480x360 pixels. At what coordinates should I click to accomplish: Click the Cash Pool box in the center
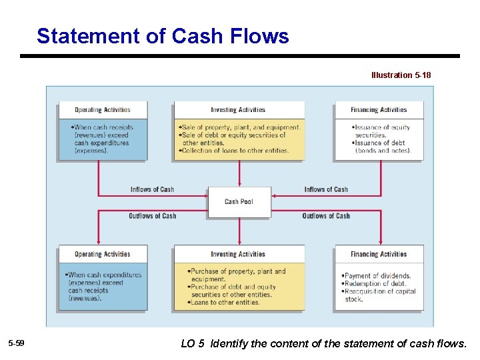click(239, 201)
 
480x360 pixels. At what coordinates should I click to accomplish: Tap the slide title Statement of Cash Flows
click(163, 36)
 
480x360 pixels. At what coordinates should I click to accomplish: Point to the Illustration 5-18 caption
click(401, 75)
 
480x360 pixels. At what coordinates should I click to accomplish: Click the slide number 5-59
click(16, 343)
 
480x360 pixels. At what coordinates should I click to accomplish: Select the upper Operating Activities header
click(102, 110)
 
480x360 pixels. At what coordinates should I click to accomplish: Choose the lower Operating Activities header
click(102, 254)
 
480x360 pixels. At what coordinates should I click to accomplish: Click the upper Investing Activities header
click(238, 110)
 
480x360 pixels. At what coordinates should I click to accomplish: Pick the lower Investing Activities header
click(238, 254)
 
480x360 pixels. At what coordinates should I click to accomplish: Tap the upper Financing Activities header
click(379, 110)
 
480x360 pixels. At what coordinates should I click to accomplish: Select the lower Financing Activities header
click(379, 254)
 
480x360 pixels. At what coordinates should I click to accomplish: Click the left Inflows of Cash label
click(152, 189)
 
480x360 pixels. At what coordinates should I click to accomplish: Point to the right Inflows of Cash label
click(326, 189)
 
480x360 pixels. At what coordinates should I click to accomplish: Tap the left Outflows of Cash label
click(152, 216)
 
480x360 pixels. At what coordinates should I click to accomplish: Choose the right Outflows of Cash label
click(326, 216)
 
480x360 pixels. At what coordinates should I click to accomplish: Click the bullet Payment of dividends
click(377, 276)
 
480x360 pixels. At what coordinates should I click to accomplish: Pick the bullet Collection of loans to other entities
click(235, 151)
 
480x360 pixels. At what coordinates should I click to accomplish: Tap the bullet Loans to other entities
click(225, 303)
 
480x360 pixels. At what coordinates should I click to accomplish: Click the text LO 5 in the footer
click(193, 344)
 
